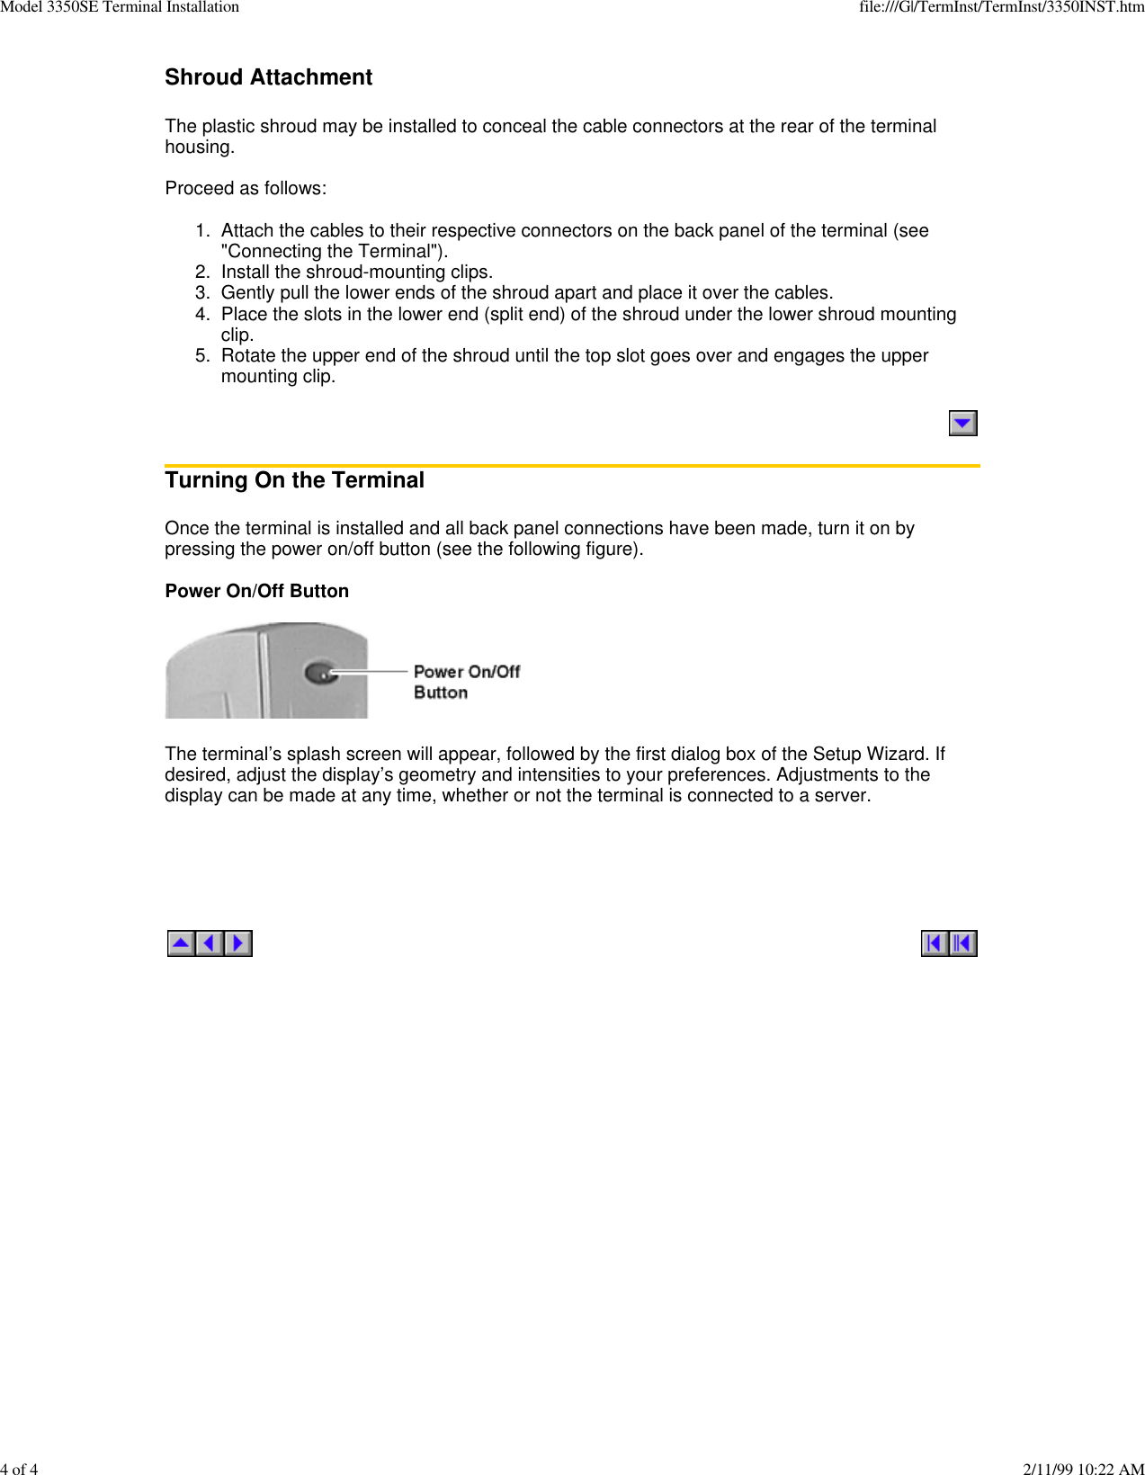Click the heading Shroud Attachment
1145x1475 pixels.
[x=268, y=77]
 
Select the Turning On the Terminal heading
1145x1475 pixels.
[x=294, y=480]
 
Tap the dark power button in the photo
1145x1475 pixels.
[x=319, y=672]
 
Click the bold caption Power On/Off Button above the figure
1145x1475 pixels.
[x=256, y=591]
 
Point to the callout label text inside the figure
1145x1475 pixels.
[x=466, y=682]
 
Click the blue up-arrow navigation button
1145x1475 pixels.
[x=181, y=943]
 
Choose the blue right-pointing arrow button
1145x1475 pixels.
[x=238, y=943]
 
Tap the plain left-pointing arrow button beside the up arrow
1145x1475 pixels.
[x=210, y=943]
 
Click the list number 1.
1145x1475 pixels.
[x=201, y=231]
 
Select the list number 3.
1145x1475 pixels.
[x=201, y=293]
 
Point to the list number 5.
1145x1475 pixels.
[x=201, y=356]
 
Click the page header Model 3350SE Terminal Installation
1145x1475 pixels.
[x=120, y=7]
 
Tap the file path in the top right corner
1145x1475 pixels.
[x=1001, y=7]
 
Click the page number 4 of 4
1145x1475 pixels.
[x=19, y=1469]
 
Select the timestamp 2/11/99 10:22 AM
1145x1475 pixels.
[x=1083, y=1469]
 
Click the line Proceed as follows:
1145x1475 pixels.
[x=246, y=189]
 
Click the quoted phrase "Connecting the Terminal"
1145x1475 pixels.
[x=332, y=252]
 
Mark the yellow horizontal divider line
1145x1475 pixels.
[x=572, y=466]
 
